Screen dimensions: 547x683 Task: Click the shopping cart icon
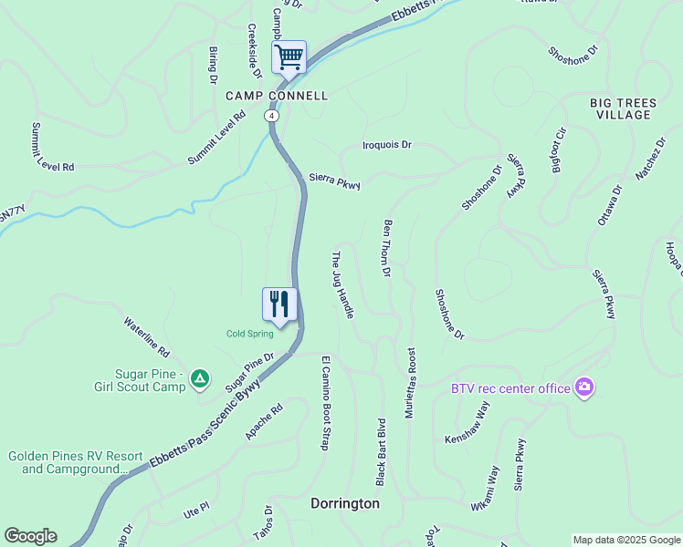[x=289, y=57]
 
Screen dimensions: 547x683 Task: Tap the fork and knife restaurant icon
[x=279, y=304]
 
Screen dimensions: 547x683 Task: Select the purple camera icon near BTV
[x=583, y=387]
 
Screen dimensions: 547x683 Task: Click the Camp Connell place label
[x=277, y=95]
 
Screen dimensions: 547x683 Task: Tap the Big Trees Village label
[x=621, y=108]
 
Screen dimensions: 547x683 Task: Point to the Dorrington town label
[x=344, y=503]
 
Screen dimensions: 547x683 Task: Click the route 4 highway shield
[x=271, y=116]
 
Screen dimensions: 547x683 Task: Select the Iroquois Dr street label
[x=387, y=145]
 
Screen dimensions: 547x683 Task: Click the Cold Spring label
[x=250, y=334]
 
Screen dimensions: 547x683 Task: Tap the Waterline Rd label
[x=147, y=336]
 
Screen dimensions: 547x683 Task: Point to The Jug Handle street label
[x=341, y=284]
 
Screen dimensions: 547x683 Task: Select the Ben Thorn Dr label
[x=387, y=247]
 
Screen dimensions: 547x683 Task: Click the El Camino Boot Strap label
[x=323, y=403]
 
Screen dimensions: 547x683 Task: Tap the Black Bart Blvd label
[x=381, y=450]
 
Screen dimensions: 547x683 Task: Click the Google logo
[x=30, y=536]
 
